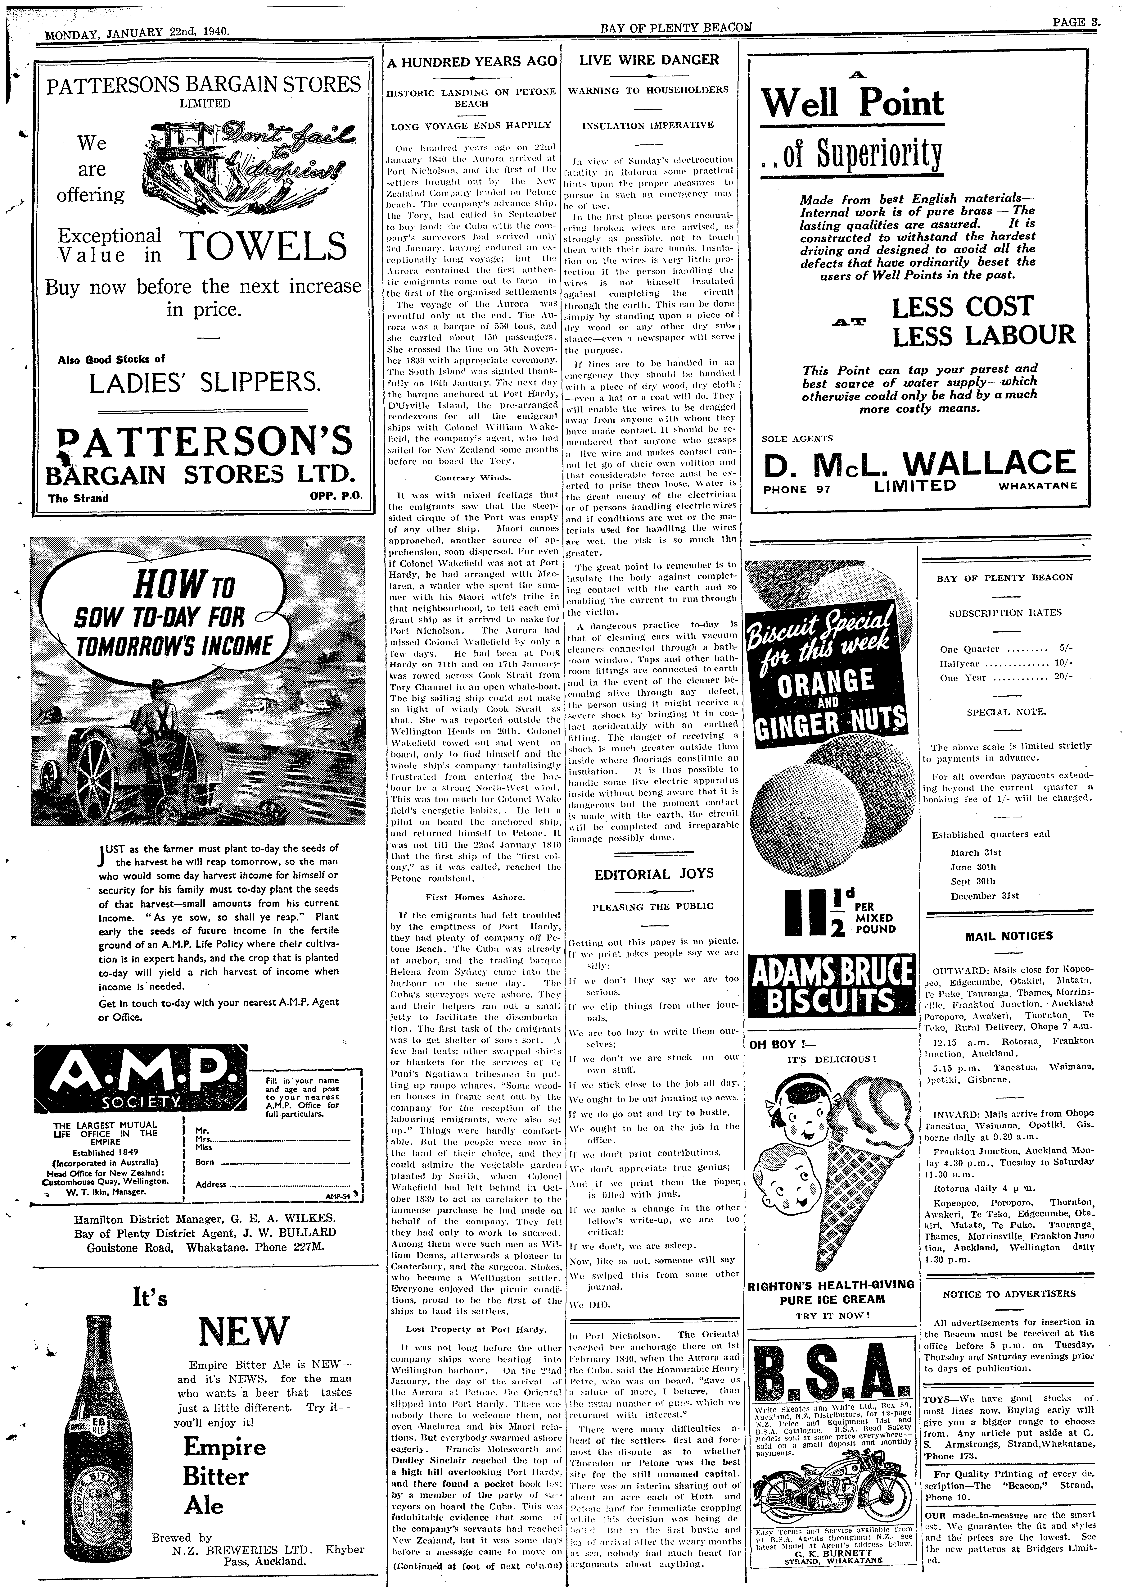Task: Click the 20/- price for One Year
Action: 1063,677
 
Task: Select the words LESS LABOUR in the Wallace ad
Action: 983,336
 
